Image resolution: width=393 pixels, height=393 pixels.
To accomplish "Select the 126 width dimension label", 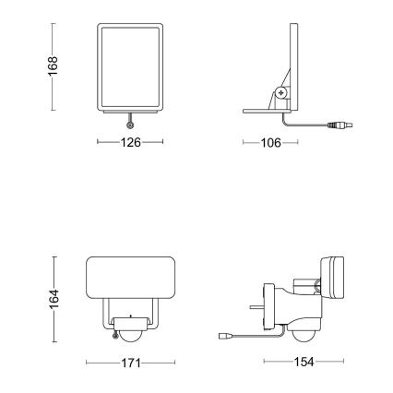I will point(130,144).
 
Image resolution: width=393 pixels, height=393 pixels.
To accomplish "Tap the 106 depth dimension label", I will point(270,144).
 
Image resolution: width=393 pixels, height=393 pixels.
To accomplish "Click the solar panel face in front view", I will point(130,68).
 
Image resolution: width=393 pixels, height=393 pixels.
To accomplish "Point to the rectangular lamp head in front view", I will point(130,280).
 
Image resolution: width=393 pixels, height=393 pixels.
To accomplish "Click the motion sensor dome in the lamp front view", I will point(130,325).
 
